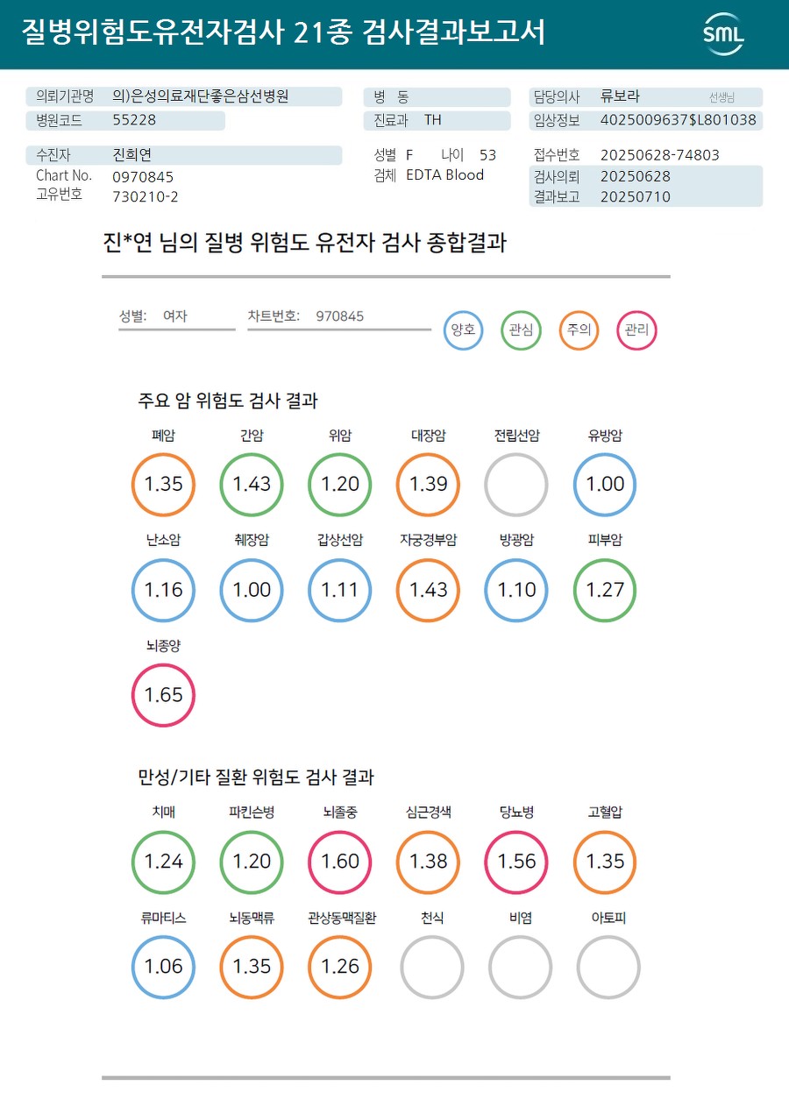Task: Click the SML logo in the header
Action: [723, 34]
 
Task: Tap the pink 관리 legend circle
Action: [636, 330]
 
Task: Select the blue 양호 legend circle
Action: [463, 330]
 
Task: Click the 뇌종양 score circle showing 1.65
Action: [163, 695]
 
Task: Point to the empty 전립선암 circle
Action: [516, 485]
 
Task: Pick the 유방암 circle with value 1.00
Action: [605, 485]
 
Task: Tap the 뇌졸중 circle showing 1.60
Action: [340, 862]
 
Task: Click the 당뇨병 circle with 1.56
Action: [516, 862]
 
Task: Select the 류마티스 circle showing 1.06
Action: [163, 967]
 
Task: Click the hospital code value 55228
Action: [134, 120]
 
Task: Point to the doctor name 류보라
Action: [620, 96]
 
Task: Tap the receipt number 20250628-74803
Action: [659, 155]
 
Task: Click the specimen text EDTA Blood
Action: [444, 174]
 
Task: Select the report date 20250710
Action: [635, 196]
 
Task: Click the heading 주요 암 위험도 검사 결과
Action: [228, 401]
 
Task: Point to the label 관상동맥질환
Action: [342, 918]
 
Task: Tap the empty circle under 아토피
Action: [608, 967]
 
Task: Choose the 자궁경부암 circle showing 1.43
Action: [429, 590]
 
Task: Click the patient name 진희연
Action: [132, 155]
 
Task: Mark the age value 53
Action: [487, 155]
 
